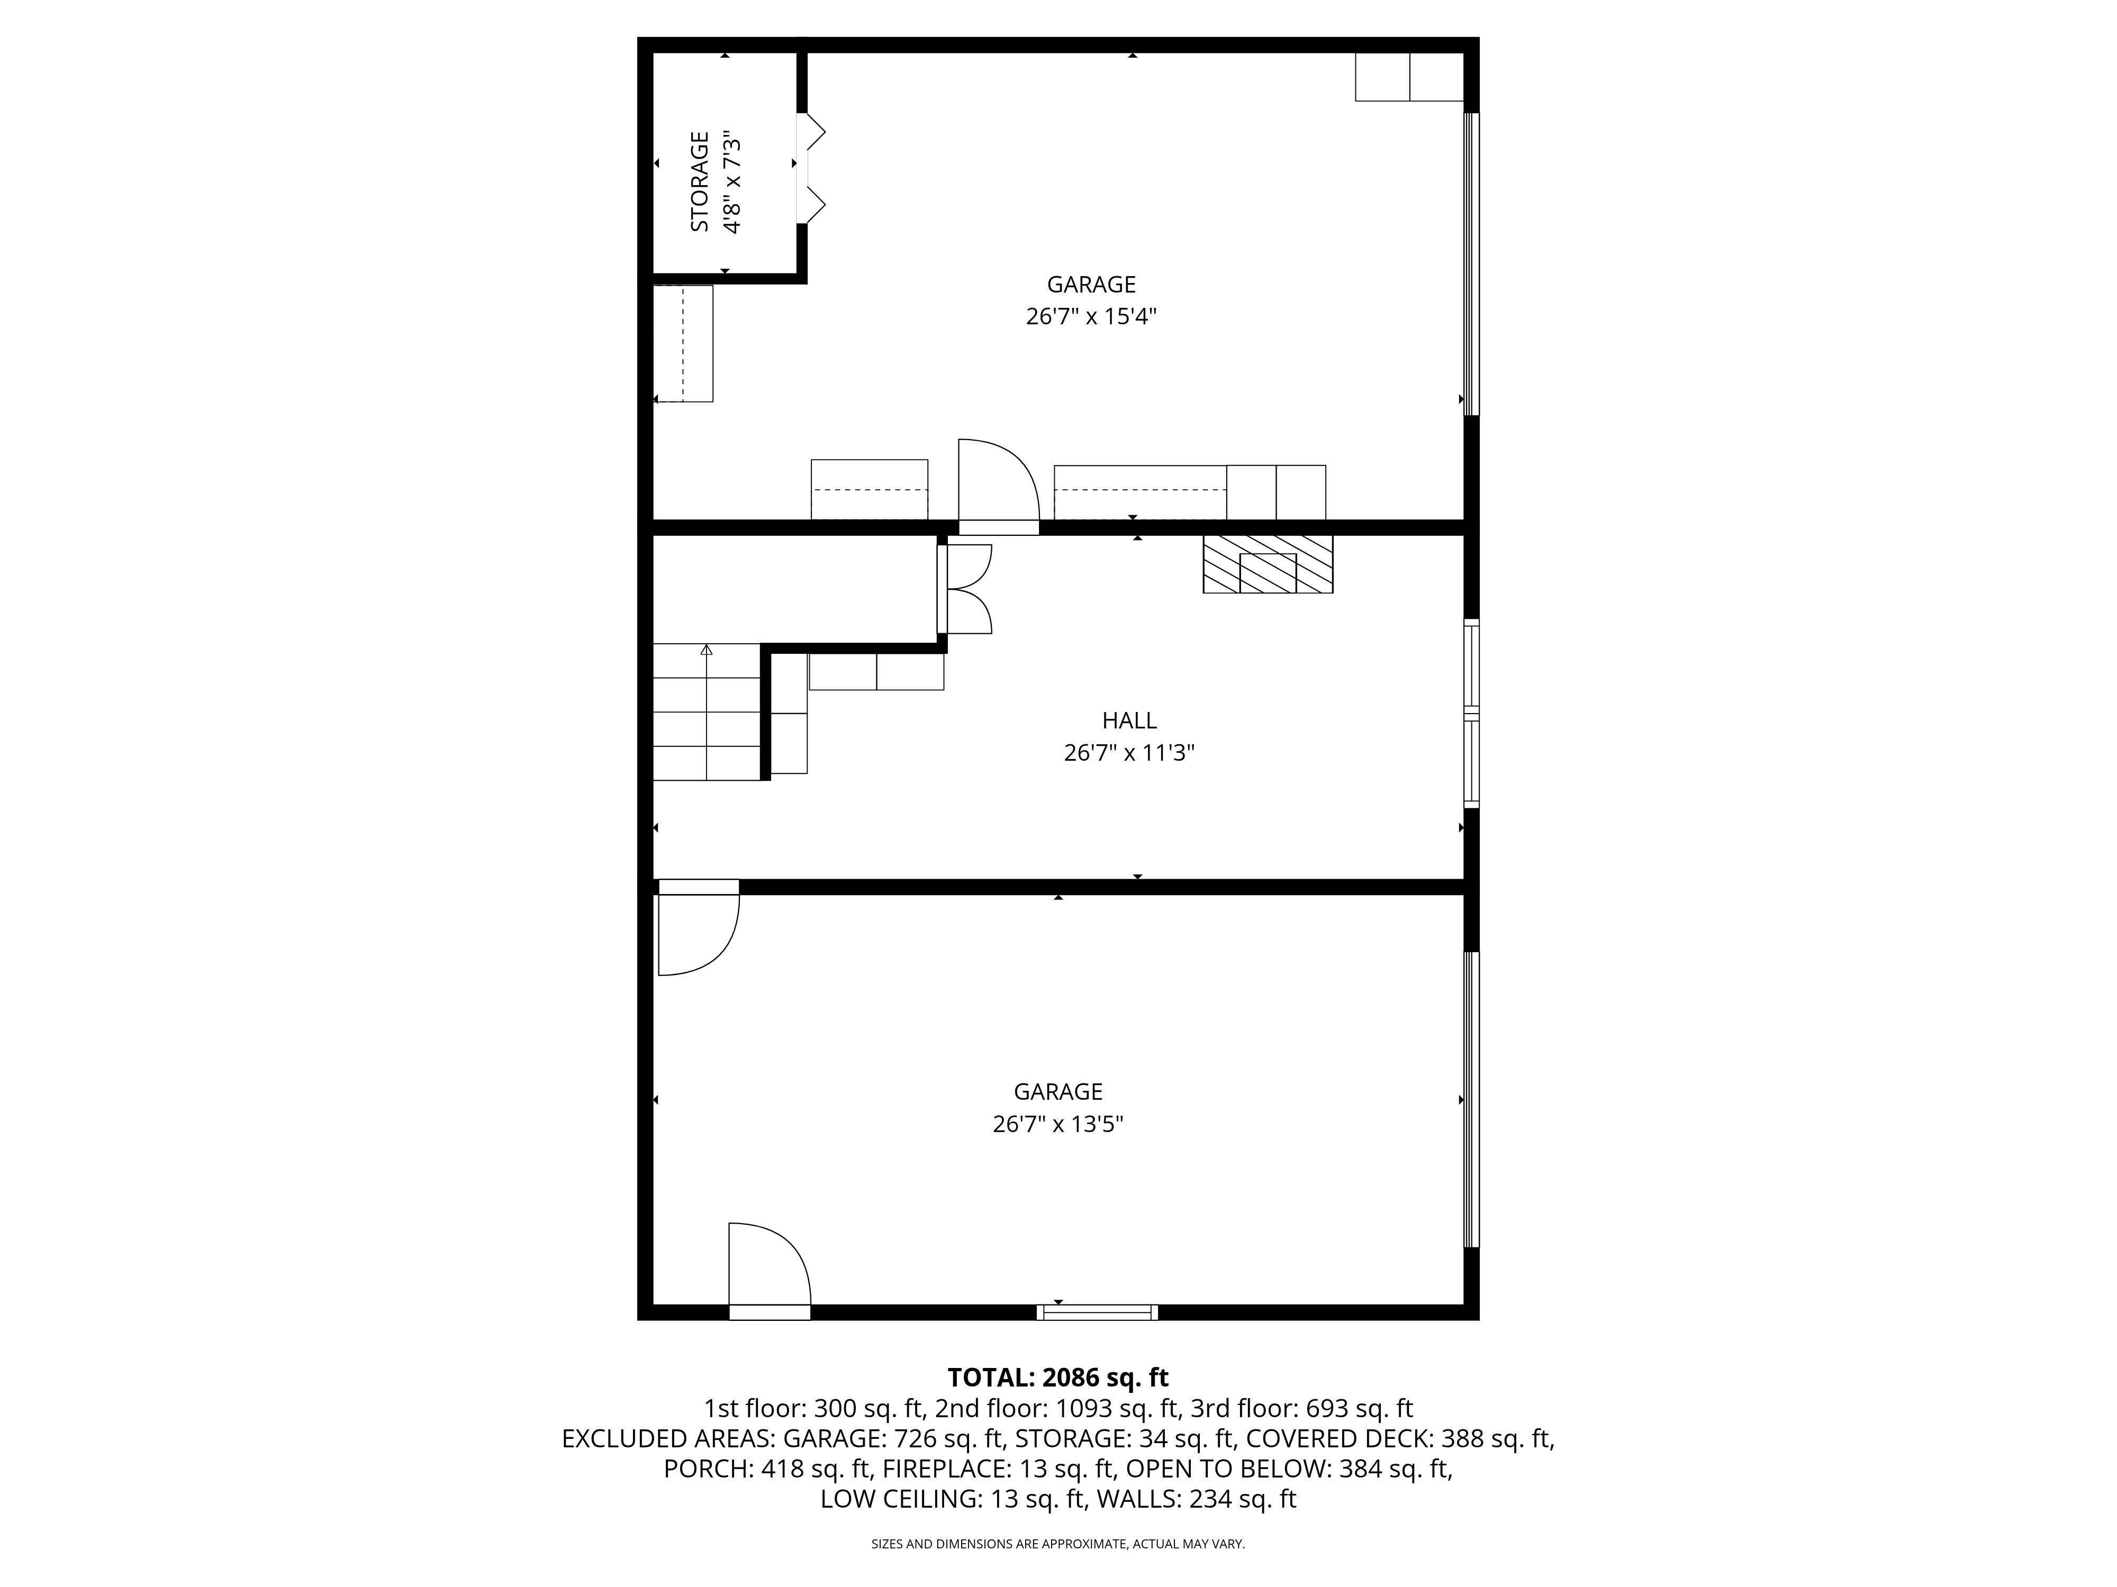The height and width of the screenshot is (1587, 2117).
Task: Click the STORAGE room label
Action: coord(700,182)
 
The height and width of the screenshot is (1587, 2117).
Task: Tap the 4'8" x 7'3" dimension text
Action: coord(732,182)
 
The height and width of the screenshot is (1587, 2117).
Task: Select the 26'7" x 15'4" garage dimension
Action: coord(1091,317)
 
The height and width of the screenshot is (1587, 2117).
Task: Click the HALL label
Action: coord(1129,720)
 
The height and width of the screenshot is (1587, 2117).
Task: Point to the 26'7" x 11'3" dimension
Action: coord(1129,753)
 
